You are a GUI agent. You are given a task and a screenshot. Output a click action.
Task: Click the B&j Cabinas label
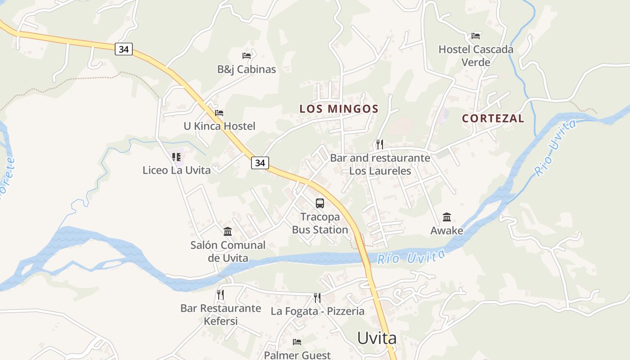click(x=247, y=69)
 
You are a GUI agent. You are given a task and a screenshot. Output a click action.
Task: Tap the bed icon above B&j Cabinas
click(x=247, y=56)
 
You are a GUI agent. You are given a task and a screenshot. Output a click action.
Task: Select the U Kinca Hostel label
click(x=219, y=126)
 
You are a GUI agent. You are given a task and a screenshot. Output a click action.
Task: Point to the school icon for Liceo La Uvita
click(x=176, y=157)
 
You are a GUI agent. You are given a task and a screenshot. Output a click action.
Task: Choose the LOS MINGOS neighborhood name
click(x=339, y=109)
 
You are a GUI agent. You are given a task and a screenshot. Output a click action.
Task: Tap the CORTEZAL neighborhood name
click(x=493, y=118)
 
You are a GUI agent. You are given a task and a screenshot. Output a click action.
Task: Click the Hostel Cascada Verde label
click(x=476, y=55)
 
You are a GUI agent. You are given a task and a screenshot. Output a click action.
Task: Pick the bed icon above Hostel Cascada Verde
click(x=476, y=36)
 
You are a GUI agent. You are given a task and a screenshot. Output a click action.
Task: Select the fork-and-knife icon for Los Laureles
click(x=380, y=144)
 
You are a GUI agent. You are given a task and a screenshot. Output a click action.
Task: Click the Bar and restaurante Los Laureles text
click(x=380, y=164)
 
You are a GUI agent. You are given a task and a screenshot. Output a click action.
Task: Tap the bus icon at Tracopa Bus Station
click(x=320, y=203)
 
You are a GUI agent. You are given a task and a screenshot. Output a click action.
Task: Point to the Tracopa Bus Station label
click(x=320, y=223)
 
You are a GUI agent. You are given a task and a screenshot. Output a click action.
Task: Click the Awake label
click(x=447, y=231)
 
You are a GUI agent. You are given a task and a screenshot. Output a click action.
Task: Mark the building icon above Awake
click(x=447, y=217)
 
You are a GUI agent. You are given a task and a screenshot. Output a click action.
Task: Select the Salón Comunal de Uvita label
click(x=228, y=252)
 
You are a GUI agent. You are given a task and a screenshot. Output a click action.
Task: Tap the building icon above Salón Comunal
click(x=228, y=232)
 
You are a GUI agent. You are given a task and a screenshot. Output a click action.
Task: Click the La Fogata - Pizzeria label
click(x=317, y=311)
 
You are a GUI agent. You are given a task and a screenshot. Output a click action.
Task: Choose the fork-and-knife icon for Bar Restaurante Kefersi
click(x=220, y=295)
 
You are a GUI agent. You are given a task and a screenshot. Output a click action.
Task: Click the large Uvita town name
click(x=377, y=338)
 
